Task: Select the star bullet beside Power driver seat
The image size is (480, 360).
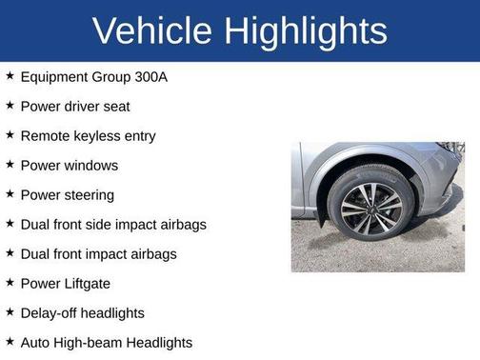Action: point(10,106)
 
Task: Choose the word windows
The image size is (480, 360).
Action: point(90,165)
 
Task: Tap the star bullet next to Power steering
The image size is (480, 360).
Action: point(10,194)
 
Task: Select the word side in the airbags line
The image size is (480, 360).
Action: point(110,224)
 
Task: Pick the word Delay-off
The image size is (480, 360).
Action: point(53,312)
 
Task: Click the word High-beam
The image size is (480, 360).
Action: point(90,342)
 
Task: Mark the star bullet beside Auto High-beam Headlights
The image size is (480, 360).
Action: point(10,342)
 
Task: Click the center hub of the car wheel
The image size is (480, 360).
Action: point(370,205)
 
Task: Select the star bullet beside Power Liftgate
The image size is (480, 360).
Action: point(10,283)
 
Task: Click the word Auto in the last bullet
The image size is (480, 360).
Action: point(34,342)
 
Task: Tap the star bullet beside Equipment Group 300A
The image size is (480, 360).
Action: point(10,76)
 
